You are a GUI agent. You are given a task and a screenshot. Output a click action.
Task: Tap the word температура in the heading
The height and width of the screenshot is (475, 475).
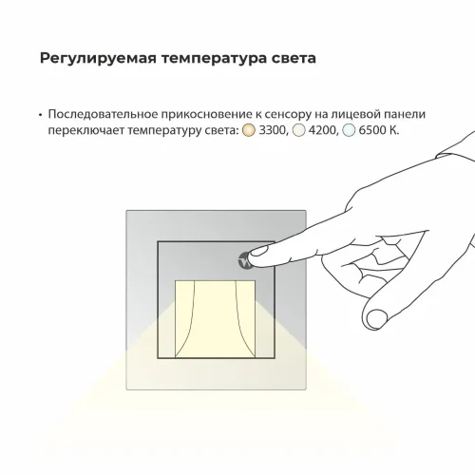click(x=204, y=59)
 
